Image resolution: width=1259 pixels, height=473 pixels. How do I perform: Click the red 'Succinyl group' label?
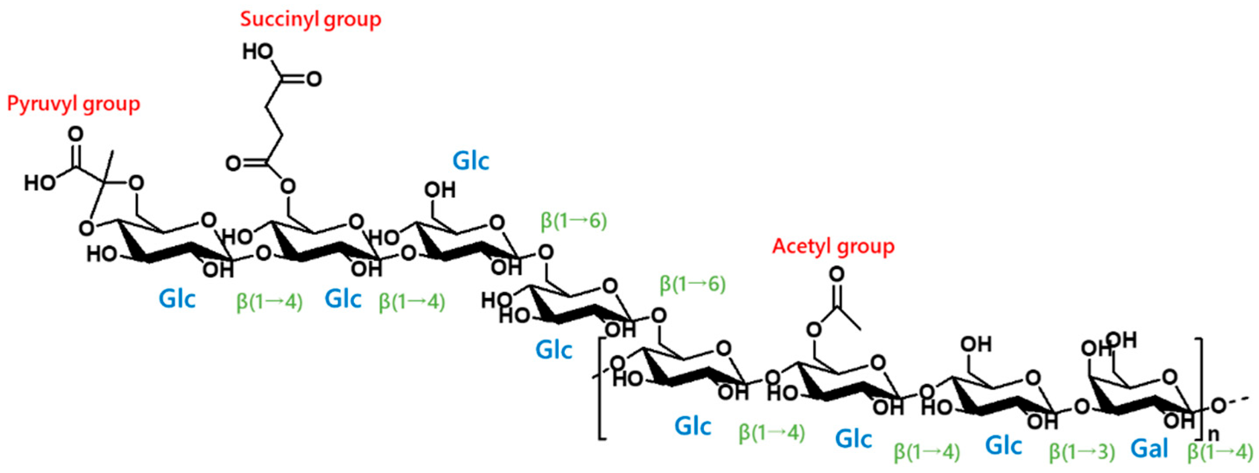pos(310,20)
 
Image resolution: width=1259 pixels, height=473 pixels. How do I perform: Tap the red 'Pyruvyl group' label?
pos(73,104)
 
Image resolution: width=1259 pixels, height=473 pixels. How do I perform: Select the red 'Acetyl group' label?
pos(833,247)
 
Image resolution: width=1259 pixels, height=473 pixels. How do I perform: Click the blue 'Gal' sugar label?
pos(1150,448)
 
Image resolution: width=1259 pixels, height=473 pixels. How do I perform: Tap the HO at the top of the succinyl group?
pos(258,51)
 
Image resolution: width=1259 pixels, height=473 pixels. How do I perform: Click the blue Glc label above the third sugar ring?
pos(471,161)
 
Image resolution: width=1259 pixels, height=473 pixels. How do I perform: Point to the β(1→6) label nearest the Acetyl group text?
pos(692,285)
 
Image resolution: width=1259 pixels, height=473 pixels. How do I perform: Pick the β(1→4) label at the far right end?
pos(1220,452)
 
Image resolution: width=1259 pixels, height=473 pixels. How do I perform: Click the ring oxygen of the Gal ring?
pos(1170,377)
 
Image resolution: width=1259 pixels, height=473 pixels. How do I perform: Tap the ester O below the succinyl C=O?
pos(288,187)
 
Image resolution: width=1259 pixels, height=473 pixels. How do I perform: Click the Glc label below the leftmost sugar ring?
pos(177,299)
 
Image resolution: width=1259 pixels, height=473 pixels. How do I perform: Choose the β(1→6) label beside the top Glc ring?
pos(574,221)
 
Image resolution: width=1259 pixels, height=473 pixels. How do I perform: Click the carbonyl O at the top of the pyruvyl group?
pos(75,134)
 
